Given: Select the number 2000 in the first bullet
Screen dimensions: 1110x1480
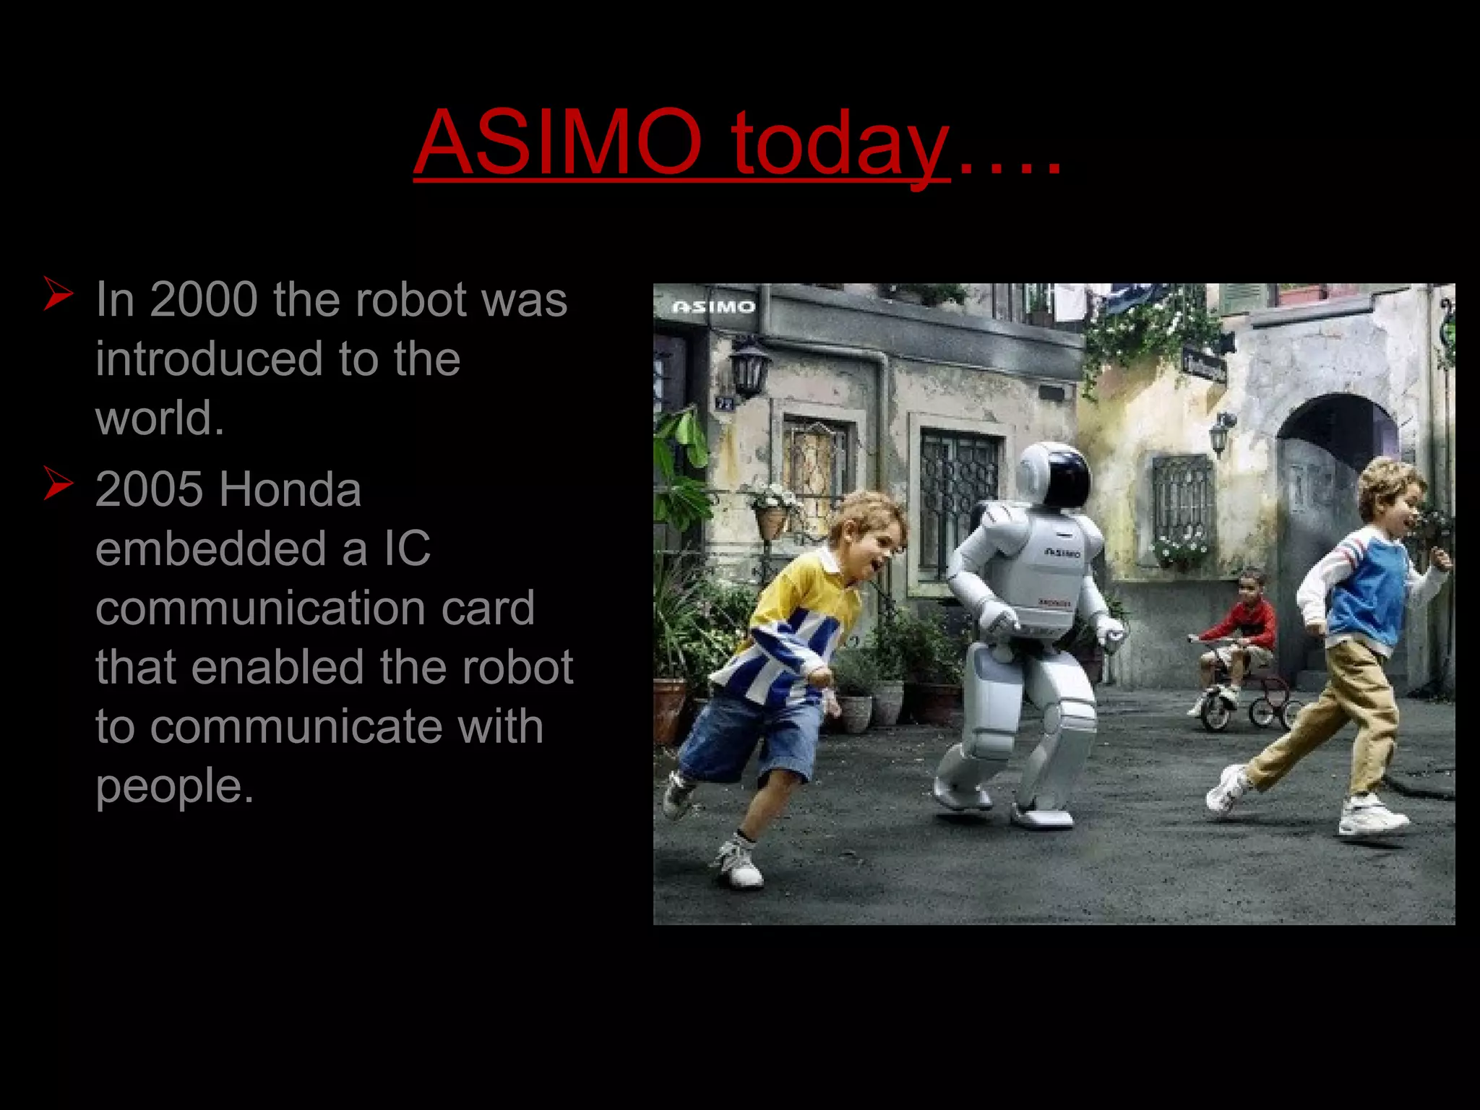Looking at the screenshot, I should point(204,299).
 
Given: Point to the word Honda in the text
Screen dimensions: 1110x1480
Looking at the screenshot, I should point(290,489).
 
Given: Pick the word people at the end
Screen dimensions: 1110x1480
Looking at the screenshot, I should point(174,786).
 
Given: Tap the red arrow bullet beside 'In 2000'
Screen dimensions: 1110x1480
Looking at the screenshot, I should point(58,293).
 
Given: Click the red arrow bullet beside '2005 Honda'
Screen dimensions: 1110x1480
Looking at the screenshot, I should point(58,483).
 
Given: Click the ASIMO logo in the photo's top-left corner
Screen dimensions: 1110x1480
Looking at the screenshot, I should point(713,307).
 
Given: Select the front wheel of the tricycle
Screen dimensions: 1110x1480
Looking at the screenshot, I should point(1217,710).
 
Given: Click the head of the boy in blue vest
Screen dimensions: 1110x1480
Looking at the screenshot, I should point(1392,491).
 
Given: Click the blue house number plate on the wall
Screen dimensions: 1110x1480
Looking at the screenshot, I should point(724,403).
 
